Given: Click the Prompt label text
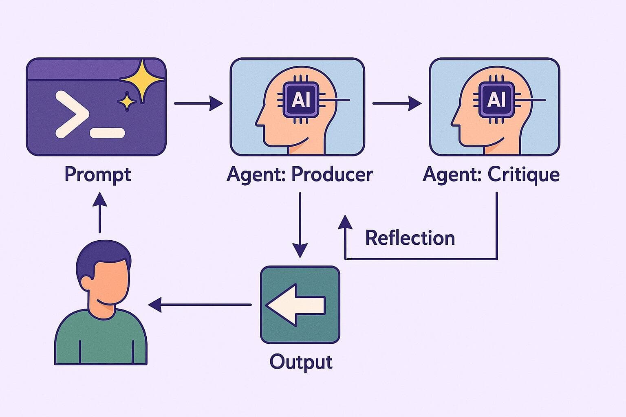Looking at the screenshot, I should click(98, 175).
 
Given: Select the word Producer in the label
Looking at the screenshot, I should click(332, 175).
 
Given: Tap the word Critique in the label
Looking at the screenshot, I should click(523, 175).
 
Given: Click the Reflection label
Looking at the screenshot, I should click(410, 238).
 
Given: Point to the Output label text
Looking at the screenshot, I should click(301, 362).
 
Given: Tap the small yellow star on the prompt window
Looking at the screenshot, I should click(127, 101).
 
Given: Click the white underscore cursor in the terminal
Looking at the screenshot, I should click(107, 133).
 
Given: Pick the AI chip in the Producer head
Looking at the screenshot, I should click(299, 99).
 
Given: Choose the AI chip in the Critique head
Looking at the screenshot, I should click(495, 99).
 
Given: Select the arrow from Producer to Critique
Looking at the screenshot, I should click(397, 103).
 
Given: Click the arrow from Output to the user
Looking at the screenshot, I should click(200, 305).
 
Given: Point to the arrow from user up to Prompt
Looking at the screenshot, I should click(100, 212).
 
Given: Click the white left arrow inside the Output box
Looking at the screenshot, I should click(295, 305).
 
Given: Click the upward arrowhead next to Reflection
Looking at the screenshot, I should click(346, 223).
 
